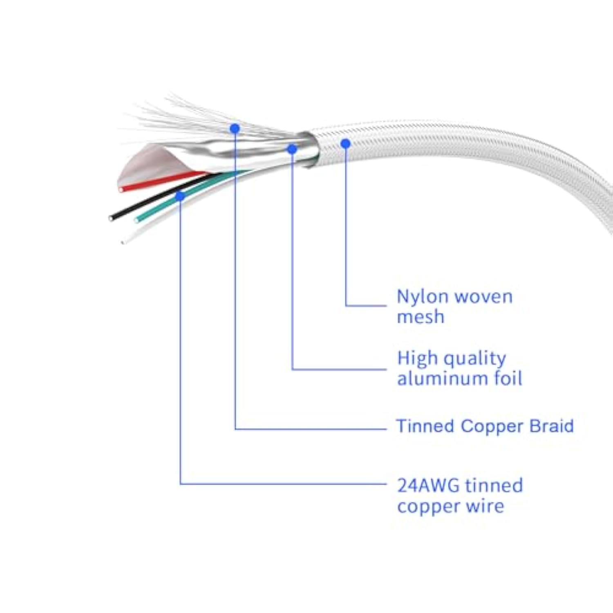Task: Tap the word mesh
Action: (x=421, y=317)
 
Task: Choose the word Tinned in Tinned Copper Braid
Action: (x=425, y=426)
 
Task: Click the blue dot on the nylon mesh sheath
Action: (x=346, y=143)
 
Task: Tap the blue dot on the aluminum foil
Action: (x=292, y=149)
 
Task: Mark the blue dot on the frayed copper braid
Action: (x=235, y=129)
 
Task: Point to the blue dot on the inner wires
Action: (x=180, y=197)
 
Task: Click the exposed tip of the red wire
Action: (x=121, y=190)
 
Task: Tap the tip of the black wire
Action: (x=111, y=218)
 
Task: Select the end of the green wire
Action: (x=136, y=221)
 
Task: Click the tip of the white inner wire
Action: (x=122, y=242)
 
